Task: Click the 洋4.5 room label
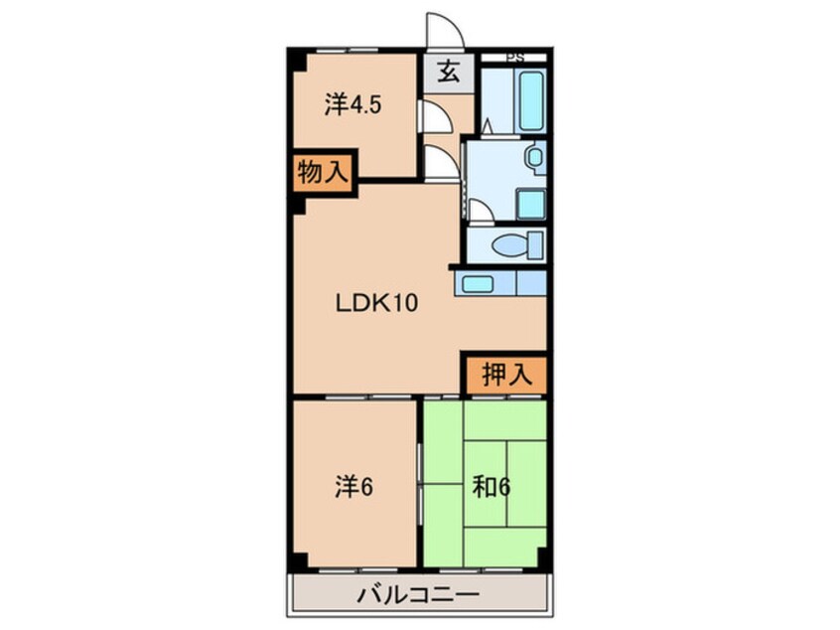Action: click(x=351, y=104)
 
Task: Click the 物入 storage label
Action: click(x=323, y=172)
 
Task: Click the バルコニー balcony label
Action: click(x=417, y=596)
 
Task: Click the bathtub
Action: click(x=518, y=99)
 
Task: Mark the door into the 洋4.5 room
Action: click(x=432, y=116)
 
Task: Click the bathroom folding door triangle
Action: click(x=488, y=126)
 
